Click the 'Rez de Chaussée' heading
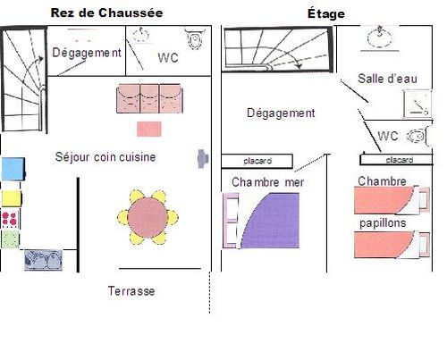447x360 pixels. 106,13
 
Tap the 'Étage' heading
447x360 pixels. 326,13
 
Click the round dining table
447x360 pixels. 148,217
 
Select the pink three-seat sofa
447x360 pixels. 149,98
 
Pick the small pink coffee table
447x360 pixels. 149,129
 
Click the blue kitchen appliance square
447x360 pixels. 13,169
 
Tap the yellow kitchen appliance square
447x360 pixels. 12,198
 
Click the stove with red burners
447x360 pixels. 10,219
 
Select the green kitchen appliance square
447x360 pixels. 10,239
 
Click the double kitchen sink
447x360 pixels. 44,260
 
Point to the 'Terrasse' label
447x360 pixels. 131,291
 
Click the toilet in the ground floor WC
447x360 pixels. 195,38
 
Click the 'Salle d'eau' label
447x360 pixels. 387,79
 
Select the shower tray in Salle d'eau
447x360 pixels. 417,104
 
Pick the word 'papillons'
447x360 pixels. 383,223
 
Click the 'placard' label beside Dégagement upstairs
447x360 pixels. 257,161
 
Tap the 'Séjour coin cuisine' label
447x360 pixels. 105,157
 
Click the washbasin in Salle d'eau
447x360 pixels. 379,38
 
